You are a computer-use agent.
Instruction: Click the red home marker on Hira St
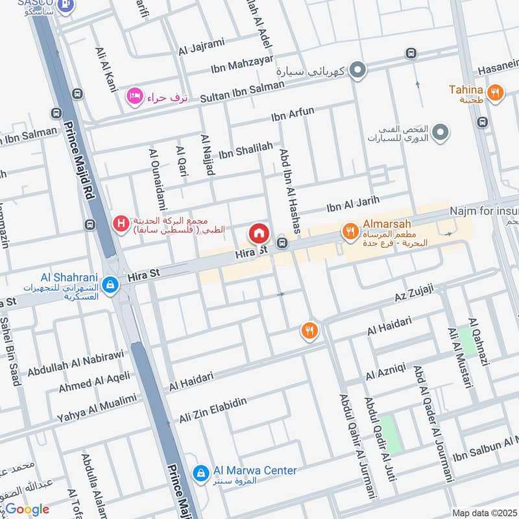[258, 233]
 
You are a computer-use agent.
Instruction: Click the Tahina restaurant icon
[495, 93]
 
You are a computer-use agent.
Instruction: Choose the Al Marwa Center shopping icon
[201, 472]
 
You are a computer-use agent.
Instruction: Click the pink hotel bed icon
[134, 96]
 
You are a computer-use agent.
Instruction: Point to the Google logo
[27, 509]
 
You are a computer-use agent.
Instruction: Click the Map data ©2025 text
[484, 513]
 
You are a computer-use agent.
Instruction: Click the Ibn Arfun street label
[293, 115]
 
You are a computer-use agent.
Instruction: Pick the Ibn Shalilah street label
[245, 151]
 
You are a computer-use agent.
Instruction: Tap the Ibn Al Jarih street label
[352, 204]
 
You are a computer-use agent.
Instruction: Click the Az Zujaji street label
[414, 295]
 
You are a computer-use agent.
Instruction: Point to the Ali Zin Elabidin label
[213, 410]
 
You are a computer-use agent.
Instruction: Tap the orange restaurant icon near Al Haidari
[310, 331]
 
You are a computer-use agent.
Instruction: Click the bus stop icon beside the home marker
[282, 243]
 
